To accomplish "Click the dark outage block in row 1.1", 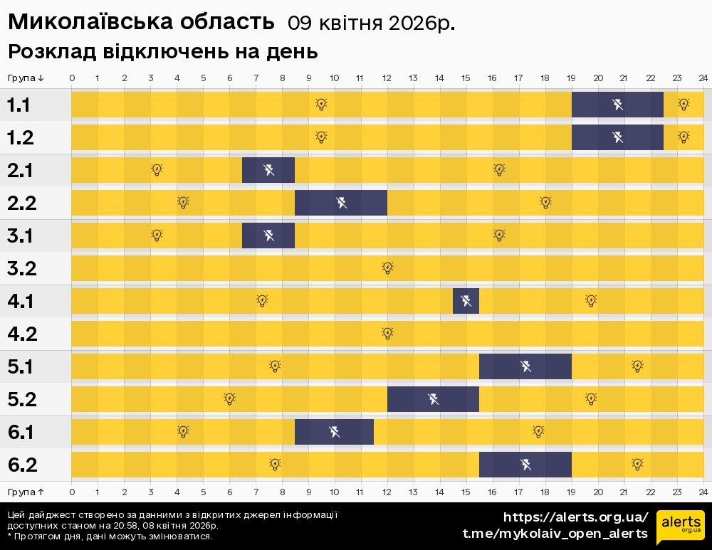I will (617, 105).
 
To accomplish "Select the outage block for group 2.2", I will (341, 203).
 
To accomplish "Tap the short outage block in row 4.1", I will (466, 301).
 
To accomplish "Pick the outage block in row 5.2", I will (433, 399).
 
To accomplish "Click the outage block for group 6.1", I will (334, 432).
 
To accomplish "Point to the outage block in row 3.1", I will (268, 236).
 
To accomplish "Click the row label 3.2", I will (21, 269).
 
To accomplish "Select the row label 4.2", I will (21, 334).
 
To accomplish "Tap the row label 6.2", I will (21, 465).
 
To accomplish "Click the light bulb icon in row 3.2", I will (387, 268).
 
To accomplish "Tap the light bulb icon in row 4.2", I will (387, 334).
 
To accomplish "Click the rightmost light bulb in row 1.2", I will (684, 137).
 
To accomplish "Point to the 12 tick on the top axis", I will (387, 78).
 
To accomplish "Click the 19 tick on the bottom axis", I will (571, 492).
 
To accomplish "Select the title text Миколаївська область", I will (141, 23).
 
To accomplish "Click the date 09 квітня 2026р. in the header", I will (371, 23).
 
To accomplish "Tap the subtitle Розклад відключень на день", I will (162, 52).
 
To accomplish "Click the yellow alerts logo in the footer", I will (680, 526).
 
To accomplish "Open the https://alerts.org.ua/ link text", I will (575, 517).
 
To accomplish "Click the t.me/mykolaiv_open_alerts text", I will (555, 534).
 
